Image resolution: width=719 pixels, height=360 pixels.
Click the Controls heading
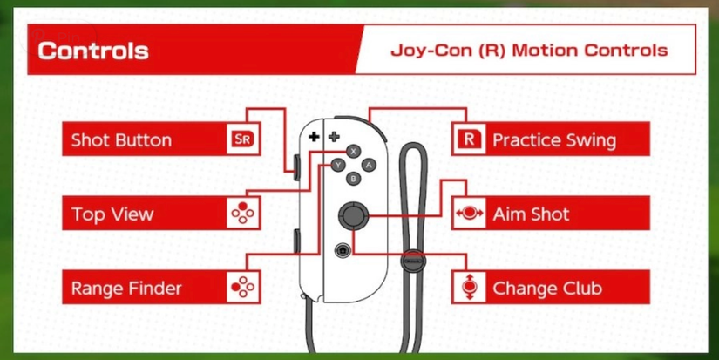pos(92,50)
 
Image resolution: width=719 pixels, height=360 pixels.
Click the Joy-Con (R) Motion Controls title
pos(529,50)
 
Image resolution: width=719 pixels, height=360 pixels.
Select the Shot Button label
pos(121,139)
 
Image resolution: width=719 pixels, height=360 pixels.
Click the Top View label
pos(112,214)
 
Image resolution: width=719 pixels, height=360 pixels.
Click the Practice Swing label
pos(553,139)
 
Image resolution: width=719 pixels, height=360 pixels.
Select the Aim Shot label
pos(531,214)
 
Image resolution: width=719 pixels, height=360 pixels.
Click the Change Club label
pos(547,288)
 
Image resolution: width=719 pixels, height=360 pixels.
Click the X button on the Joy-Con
pos(353,151)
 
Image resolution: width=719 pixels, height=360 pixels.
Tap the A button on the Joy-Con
pos(368,164)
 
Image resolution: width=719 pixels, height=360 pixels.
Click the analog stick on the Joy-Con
pos(353,214)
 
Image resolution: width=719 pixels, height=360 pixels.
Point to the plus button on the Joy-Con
pos(333,137)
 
